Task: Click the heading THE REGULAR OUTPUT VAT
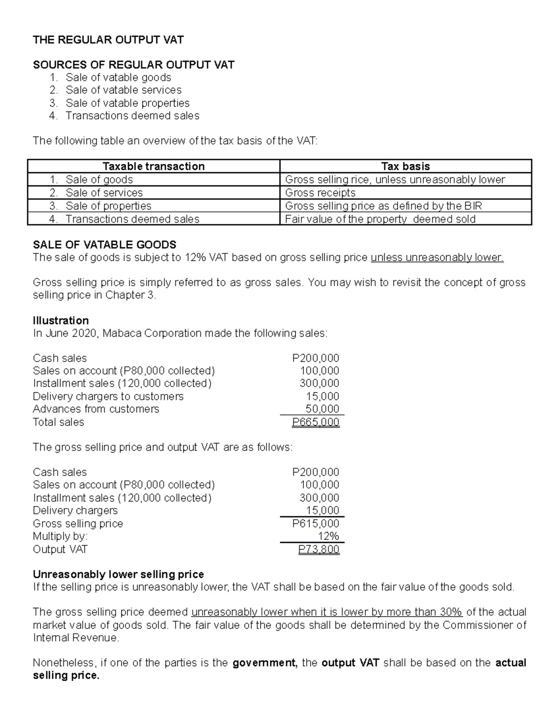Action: pyautogui.click(x=108, y=40)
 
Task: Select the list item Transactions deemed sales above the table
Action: pyautogui.click(x=132, y=116)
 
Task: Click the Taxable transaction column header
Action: pyautogui.click(x=154, y=166)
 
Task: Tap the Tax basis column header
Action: pyautogui.click(x=405, y=166)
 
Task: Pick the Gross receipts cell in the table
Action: pyautogui.click(x=320, y=193)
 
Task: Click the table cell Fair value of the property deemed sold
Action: pyautogui.click(x=380, y=219)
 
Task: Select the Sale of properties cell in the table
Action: pyautogui.click(x=108, y=206)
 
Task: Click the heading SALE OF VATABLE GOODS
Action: pyautogui.click(x=105, y=245)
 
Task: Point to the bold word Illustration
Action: pyautogui.click(x=61, y=321)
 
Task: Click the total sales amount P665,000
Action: pyautogui.click(x=315, y=422)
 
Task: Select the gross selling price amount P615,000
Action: pyautogui.click(x=315, y=524)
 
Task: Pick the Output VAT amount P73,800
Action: pyautogui.click(x=319, y=549)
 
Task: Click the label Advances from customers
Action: pyautogui.click(x=96, y=409)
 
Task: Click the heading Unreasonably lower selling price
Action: pyautogui.click(x=118, y=574)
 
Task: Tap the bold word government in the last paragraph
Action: pyautogui.click(x=264, y=663)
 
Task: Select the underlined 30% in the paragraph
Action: pyautogui.click(x=450, y=612)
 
